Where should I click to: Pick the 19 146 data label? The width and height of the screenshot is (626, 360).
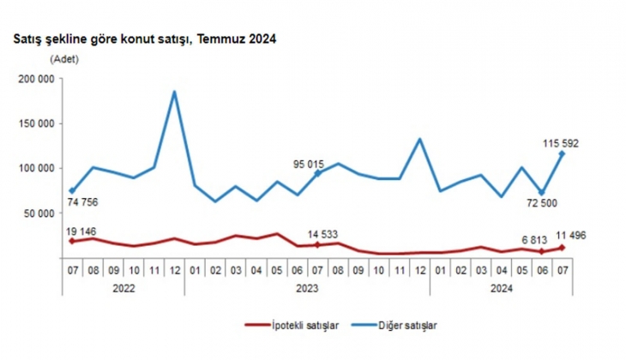pos(83,231)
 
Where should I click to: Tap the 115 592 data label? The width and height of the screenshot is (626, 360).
pos(560,143)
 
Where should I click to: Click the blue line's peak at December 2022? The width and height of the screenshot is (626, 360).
pos(175,92)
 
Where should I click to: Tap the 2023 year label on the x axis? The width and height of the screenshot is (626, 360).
pos(307,289)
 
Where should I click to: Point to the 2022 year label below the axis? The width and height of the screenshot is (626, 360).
pos(123,289)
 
